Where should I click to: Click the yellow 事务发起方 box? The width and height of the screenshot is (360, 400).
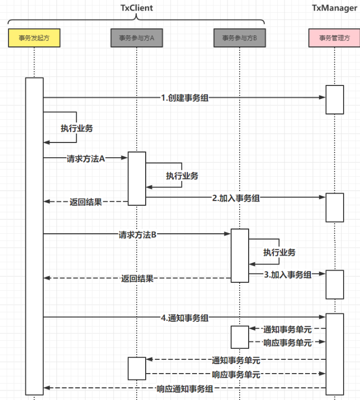(34, 38)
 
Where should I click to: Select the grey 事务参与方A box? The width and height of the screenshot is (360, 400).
(136, 38)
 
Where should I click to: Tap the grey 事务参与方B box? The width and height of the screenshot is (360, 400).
(239, 38)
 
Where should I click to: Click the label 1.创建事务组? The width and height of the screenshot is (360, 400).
(184, 97)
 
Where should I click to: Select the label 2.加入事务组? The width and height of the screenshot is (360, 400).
(236, 198)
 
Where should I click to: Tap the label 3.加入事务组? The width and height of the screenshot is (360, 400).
(287, 274)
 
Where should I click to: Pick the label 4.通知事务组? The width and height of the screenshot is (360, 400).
(184, 318)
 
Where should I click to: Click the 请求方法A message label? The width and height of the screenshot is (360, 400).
(86, 158)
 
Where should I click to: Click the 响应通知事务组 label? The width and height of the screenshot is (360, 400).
(185, 389)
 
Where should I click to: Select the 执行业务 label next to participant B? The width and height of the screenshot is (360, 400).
(280, 252)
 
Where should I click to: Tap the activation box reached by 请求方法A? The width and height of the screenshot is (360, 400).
(137, 178)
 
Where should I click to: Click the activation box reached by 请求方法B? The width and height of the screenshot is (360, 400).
(240, 255)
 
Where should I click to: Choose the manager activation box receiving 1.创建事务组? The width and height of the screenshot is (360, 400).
(335, 99)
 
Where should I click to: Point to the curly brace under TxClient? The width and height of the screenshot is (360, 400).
(136, 19)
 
